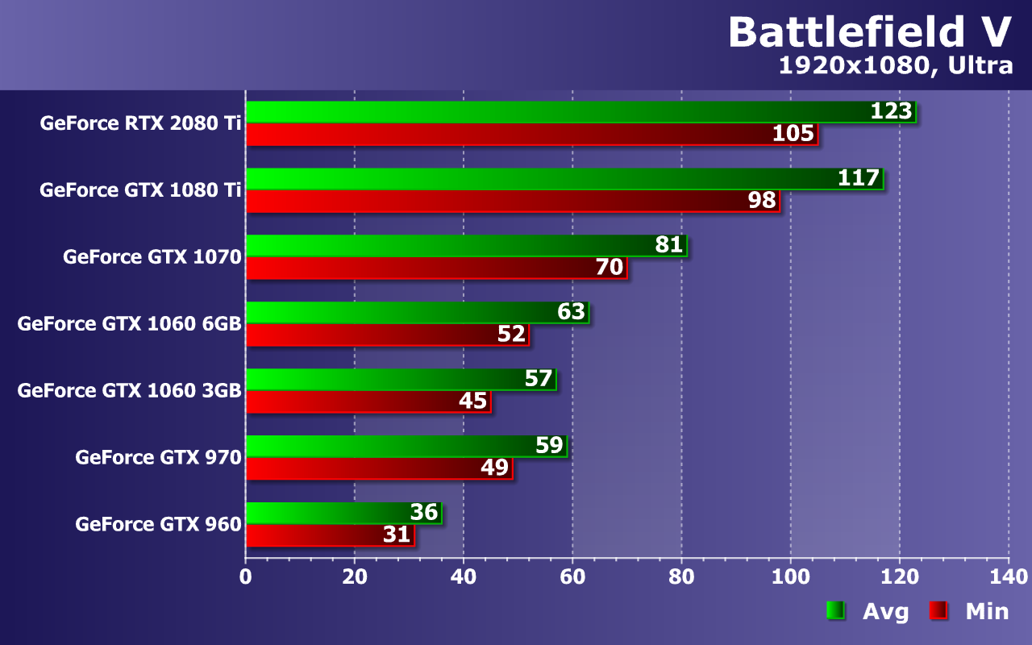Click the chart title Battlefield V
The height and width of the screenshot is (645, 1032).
point(869,32)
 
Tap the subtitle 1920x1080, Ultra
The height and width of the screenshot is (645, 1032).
point(895,66)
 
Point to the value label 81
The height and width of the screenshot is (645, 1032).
point(669,244)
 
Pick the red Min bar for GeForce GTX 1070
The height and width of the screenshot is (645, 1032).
point(419,268)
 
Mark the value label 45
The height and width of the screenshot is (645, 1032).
point(473,400)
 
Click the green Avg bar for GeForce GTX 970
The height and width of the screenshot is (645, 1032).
point(387,446)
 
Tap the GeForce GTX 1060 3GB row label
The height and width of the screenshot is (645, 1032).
point(129,390)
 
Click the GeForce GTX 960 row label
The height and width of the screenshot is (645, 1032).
point(158,524)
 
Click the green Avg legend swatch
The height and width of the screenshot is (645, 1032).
point(834,611)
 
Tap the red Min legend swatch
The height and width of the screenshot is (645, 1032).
point(938,611)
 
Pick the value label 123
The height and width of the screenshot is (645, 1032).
point(891,111)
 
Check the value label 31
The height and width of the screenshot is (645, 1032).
point(397,534)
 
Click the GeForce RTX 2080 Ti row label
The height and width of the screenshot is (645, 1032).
point(140,123)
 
